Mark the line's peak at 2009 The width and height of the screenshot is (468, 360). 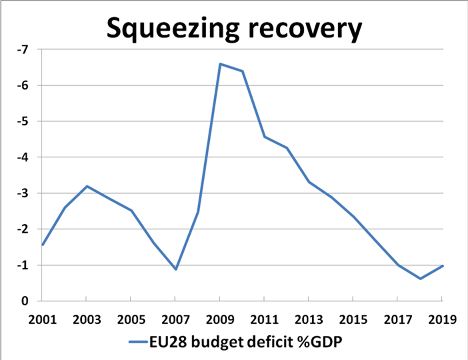220,64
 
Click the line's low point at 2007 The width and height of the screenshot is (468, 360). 175,270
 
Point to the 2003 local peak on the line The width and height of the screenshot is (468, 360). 86,186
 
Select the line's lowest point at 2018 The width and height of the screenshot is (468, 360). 420,279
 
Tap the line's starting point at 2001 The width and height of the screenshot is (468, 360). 42,245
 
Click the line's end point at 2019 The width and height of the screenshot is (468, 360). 442,266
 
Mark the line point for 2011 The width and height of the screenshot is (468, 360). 264,137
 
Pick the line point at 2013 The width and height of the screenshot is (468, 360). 309,182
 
